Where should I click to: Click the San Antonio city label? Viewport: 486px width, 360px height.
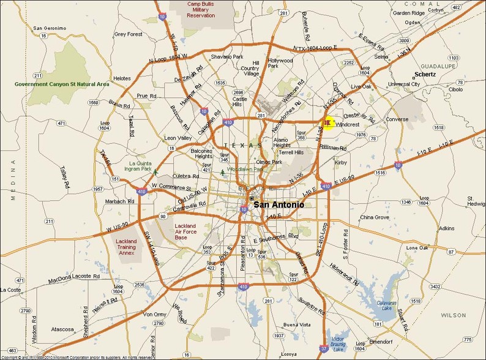click(x=279, y=204)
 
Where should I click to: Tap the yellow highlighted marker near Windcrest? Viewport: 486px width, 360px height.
click(x=327, y=123)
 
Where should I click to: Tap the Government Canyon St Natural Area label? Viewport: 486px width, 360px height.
click(x=62, y=84)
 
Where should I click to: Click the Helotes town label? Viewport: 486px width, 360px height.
click(x=122, y=78)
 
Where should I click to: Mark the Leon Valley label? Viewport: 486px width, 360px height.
click(x=178, y=138)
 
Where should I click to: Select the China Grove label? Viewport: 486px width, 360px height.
click(x=375, y=217)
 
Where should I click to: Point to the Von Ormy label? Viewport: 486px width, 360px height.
click(x=155, y=314)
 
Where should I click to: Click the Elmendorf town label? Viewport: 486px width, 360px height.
click(x=379, y=341)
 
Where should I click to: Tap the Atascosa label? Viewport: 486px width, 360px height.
click(x=63, y=329)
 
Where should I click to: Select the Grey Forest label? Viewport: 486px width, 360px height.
click(x=128, y=34)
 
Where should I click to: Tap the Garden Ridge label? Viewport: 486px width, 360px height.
click(x=409, y=12)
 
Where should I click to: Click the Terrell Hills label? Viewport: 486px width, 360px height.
click(x=291, y=152)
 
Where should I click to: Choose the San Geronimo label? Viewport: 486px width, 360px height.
click(x=50, y=28)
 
